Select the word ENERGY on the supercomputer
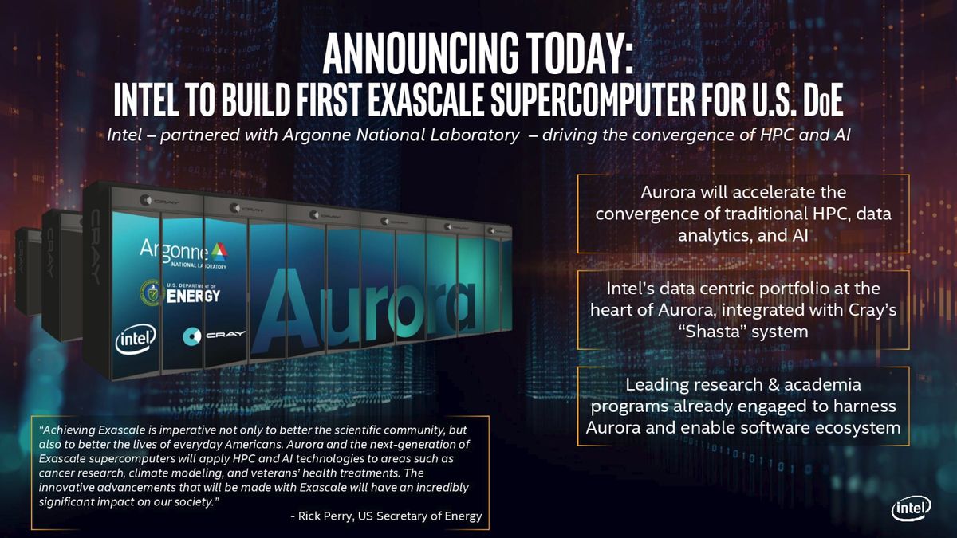pos(193,296)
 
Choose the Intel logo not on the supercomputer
pos(911,510)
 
